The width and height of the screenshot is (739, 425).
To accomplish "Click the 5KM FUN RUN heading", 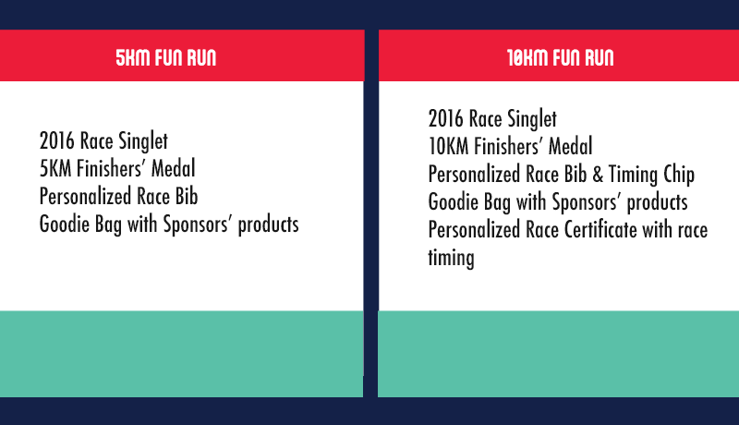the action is [166, 57].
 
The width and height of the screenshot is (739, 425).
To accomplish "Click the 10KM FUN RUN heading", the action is [561, 57].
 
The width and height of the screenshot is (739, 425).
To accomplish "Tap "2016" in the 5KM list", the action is [56, 140].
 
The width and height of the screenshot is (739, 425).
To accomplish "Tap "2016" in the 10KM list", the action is [445, 119].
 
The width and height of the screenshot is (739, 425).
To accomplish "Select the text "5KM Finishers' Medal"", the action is [117, 169].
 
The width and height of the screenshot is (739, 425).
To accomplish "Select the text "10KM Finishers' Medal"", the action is [511, 146].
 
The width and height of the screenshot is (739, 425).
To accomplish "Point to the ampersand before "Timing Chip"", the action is [598, 175].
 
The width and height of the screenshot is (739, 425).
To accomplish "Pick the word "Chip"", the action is [679, 175].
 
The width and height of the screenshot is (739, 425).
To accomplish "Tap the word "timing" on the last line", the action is [451, 259].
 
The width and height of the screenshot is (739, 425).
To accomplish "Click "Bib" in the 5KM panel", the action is [187, 197].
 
